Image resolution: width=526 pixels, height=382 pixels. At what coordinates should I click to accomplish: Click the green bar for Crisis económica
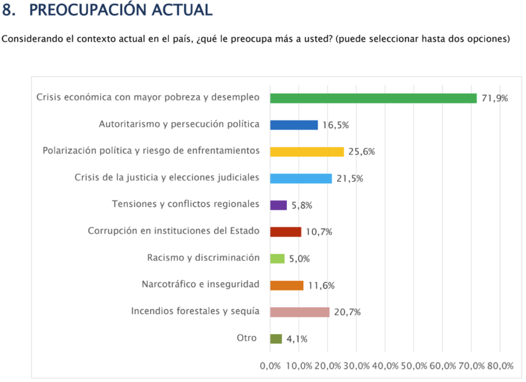(373, 98)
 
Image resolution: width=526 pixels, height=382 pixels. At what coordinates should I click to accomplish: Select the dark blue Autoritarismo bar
(294, 125)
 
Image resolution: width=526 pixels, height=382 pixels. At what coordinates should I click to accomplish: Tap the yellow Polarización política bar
(307, 151)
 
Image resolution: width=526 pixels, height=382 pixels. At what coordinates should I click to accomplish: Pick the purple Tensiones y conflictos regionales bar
(278, 205)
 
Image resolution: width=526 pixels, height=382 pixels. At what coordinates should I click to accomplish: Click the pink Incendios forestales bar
(300, 312)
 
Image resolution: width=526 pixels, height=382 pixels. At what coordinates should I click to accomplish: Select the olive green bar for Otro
(276, 338)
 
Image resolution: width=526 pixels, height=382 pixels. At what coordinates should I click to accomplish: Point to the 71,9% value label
(495, 99)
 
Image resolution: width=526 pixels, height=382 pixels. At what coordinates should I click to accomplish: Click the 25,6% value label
(361, 152)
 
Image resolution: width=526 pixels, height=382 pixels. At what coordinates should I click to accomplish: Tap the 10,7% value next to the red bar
(319, 232)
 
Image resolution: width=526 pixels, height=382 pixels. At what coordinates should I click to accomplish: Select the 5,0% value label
(299, 259)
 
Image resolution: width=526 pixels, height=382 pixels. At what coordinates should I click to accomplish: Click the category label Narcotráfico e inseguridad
(200, 284)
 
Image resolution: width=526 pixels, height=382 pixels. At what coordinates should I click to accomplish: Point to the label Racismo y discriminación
(203, 257)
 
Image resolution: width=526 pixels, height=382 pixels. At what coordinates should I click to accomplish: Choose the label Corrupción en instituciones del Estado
(174, 231)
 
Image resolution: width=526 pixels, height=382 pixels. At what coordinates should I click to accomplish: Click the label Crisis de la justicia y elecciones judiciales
(167, 177)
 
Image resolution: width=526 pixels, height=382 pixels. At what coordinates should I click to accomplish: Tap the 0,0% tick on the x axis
(270, 366)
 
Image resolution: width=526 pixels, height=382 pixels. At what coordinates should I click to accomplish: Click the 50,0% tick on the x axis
(413, 366)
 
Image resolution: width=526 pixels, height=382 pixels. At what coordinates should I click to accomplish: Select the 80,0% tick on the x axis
(500, 366)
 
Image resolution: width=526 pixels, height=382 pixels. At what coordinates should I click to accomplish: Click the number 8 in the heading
(8, 10)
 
